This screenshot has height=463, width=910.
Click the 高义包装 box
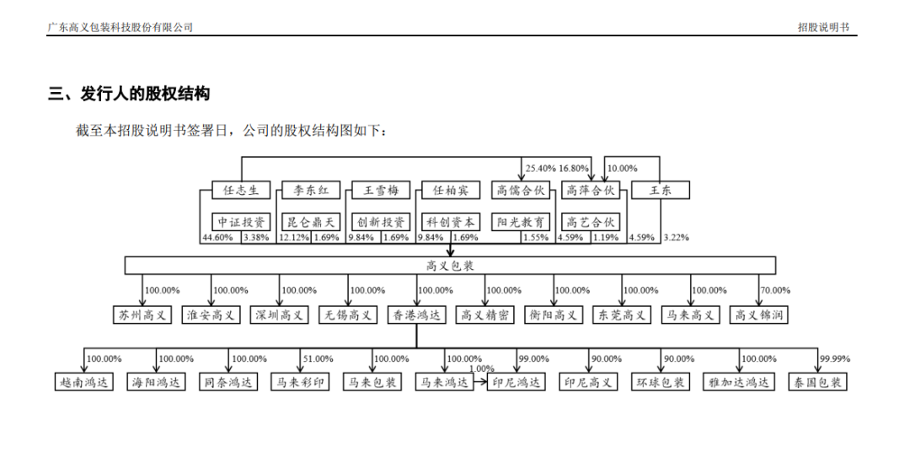pos(450,266)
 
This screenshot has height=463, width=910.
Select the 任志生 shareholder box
pos(241,190)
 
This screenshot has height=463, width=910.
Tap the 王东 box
pos(661,190)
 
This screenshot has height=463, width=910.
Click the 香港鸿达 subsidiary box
pos(416,315)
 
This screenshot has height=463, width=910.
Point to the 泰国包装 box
pos(817,382)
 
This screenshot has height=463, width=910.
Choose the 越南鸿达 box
pos(83,382)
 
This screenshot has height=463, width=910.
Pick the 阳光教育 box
pos(521,222)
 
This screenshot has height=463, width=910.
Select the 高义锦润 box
pos(758,315)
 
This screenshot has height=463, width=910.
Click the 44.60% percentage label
pos(217,238)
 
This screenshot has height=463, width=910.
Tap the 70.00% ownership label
pos(775,290)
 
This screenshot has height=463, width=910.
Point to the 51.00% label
pos(318,359)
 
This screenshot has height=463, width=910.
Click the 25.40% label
pos(540,169)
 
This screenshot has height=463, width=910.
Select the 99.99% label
pos(834,359)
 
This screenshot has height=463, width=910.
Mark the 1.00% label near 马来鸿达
pos(482,369)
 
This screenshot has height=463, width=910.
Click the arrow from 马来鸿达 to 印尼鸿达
pos(480,382)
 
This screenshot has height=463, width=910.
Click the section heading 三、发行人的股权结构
pos(129,94)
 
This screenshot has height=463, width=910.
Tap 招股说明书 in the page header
pos(823,27)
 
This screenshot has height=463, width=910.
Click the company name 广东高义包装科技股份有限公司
pos(120,27)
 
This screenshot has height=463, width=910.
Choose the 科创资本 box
pos(450,222)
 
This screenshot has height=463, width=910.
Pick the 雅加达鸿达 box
pos(739,382)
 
